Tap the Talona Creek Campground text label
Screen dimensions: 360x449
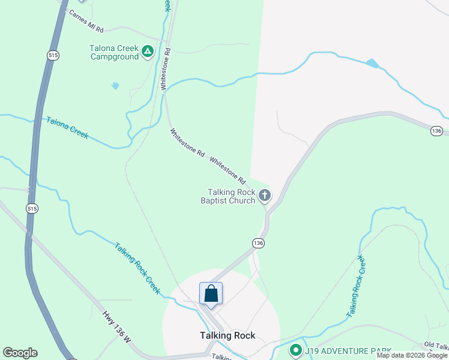(114, 53)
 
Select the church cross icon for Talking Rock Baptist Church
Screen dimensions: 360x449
(264, 196)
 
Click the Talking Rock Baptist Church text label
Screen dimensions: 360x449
(229, 196)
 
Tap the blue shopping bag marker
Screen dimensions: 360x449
(211, 293)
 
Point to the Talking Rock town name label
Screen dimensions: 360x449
(228, 335)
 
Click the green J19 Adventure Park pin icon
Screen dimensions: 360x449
(295, 350)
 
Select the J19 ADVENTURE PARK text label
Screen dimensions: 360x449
(348, 350)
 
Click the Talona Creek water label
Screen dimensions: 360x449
(67, 128)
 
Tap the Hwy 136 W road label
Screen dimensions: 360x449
(116, 326)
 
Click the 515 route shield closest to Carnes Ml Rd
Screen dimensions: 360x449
(53, 55)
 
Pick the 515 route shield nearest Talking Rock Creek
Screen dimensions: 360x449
(31, 208)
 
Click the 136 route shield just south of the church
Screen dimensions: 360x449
(258, 242)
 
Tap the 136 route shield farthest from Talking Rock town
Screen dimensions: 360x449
(436, 131)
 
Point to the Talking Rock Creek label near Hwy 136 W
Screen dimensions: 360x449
(137, 268)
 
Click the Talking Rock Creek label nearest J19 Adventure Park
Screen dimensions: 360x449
(357, 286)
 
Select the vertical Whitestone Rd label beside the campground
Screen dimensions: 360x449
(166, 70)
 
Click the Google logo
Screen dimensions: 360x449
(20, 353)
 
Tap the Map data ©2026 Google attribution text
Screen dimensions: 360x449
(411, 355)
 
